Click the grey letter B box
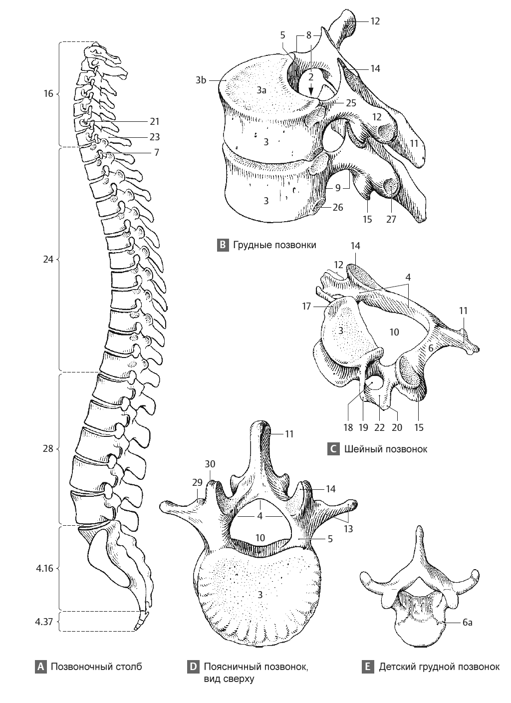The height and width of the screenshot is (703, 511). click(223, 245)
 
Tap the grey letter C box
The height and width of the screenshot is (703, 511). click(333, 449)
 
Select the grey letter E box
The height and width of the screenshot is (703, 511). click(367, 666)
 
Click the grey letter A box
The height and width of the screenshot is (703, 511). click(40, 666)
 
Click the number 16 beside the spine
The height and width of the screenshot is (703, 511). click(48, 93)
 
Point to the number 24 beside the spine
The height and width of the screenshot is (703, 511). click(48, 259)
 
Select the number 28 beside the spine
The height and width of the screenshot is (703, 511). click(48, 449)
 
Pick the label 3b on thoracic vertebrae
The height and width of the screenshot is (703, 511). click(201, 80)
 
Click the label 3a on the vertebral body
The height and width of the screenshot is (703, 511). click(261, 91)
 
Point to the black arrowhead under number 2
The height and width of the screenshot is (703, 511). click(311, 91)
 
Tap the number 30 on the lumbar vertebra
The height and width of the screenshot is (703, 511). click(210, 464)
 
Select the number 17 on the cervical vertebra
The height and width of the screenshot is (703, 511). click(307, 306)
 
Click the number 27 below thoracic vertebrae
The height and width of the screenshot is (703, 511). click(391, 219)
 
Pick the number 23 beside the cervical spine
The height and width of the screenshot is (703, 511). click(154, 137)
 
